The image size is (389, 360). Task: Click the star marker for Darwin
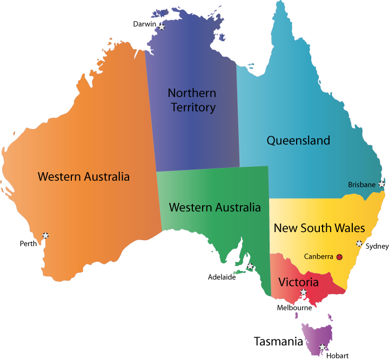point(162,25)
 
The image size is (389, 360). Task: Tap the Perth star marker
point(45,235)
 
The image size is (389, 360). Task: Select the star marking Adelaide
point(250,267)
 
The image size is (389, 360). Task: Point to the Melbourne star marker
point(303,293)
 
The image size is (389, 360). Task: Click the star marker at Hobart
point(323,347)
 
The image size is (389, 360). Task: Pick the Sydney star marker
point(358,243)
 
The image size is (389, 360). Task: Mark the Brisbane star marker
point(382,184)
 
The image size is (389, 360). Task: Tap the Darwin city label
point(145,24)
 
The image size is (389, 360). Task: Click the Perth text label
point(28,243)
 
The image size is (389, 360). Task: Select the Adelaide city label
point(222,277)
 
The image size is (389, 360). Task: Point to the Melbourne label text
point(294,308)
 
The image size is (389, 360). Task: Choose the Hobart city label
point(337,355)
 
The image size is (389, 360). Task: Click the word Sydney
point(377,246)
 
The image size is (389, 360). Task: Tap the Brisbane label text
point(361,185)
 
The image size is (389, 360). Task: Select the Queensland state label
point(298,141)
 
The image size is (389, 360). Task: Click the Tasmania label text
point(278,341)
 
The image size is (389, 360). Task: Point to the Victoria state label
point(298,282)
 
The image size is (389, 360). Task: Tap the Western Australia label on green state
point(214,207)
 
